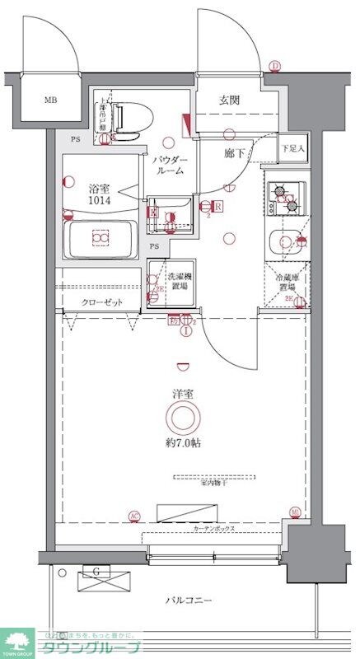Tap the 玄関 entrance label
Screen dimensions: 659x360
(x=229, y=101)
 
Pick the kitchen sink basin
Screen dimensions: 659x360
(x=284, y=241)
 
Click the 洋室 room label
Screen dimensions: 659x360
(x=182, y=395)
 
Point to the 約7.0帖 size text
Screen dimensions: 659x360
(x=182, y=442)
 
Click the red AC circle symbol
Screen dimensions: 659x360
(x=133, y=516)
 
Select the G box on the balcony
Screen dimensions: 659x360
(x=97, y=571)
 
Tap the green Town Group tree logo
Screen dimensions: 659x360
(x=16, y=640)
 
